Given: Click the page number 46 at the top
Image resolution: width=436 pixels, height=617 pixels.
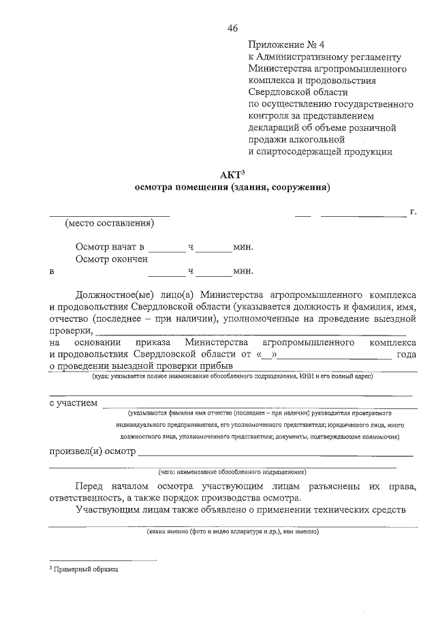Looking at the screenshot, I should click(x=233, y=28).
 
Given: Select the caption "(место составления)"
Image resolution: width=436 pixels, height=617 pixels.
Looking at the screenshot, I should click(x=110, y=224).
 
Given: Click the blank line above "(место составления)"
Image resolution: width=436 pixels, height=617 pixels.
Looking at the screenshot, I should click(x=110, y=215).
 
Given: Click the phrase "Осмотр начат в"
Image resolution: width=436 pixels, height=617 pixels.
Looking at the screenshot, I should click(x=111, y=247).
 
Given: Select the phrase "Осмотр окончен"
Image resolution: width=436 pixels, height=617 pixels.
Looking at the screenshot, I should click(x=112, y=259).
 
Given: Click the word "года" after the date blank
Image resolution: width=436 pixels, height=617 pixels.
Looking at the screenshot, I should click(x=406, y=355).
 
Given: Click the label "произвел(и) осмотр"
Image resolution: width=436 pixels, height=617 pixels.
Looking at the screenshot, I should click(x=93, y=451).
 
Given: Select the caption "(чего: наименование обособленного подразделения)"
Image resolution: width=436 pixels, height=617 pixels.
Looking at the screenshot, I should click(x=232, y=472).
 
